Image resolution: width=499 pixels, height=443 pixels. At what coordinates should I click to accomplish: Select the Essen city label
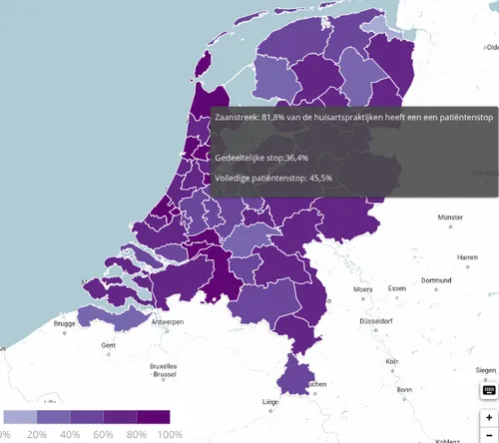[397, 288]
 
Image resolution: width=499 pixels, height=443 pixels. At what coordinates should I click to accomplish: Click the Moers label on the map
[363, 289]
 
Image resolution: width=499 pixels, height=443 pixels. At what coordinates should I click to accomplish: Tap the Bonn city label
[403, 389]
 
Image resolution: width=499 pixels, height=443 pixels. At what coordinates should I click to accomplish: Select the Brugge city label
[65, 323]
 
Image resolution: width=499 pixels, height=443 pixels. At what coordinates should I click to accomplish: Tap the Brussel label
[163, 374]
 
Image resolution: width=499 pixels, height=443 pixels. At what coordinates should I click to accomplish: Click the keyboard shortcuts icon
[488, 390]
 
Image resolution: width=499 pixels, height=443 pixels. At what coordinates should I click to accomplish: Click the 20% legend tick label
[37, 434]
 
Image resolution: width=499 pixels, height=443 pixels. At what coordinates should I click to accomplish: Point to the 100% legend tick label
[170, 434]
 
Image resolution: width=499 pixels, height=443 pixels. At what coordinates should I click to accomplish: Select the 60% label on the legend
[104, 434]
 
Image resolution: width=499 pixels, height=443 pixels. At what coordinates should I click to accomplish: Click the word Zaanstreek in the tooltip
[238, 117]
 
